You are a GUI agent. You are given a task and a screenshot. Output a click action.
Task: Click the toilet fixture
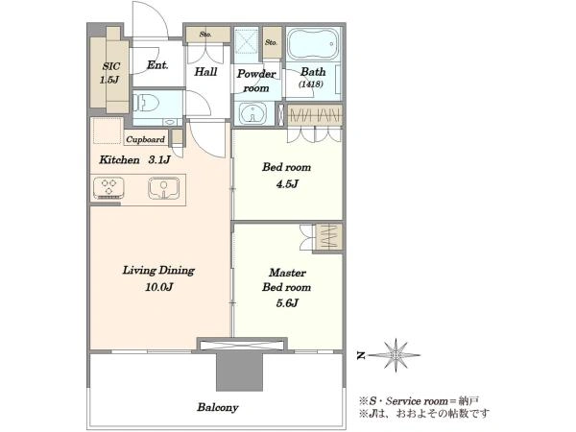pos(146,102)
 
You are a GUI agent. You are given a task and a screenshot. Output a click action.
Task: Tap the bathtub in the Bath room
pos(314,45)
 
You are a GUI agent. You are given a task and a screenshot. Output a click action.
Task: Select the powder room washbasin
pos(252,113)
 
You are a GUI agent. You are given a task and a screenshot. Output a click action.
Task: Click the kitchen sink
pos(164,188)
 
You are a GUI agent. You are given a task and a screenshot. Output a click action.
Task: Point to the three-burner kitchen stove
pos(108,188)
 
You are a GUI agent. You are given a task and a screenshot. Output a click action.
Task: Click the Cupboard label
pos(146,139)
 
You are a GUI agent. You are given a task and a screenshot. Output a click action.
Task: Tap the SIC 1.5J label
pos(110,73)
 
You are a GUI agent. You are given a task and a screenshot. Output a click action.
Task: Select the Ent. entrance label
pos(157,65)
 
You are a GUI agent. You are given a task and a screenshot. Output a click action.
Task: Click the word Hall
pos(205,72)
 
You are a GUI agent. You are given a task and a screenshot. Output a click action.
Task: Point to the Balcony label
pos(218,407)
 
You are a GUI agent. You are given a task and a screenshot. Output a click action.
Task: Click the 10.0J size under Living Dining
pos(158,286)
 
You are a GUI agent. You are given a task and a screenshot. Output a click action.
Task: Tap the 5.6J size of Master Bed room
pos(287,303)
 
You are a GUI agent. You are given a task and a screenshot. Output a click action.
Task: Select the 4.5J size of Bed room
pos(287,183)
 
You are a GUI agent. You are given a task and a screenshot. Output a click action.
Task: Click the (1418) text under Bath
pos(311,84)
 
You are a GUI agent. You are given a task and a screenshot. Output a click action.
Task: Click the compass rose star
pos(396,355)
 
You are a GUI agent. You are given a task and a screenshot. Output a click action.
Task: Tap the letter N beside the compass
pos(361,355)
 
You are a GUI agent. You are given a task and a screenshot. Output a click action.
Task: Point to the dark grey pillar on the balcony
pos(239,371)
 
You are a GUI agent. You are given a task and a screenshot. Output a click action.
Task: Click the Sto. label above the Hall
pos(205,35)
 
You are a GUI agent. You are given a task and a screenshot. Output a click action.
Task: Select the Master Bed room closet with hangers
pos(327,237)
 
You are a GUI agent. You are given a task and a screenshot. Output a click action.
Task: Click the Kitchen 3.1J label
pos(134,159)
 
